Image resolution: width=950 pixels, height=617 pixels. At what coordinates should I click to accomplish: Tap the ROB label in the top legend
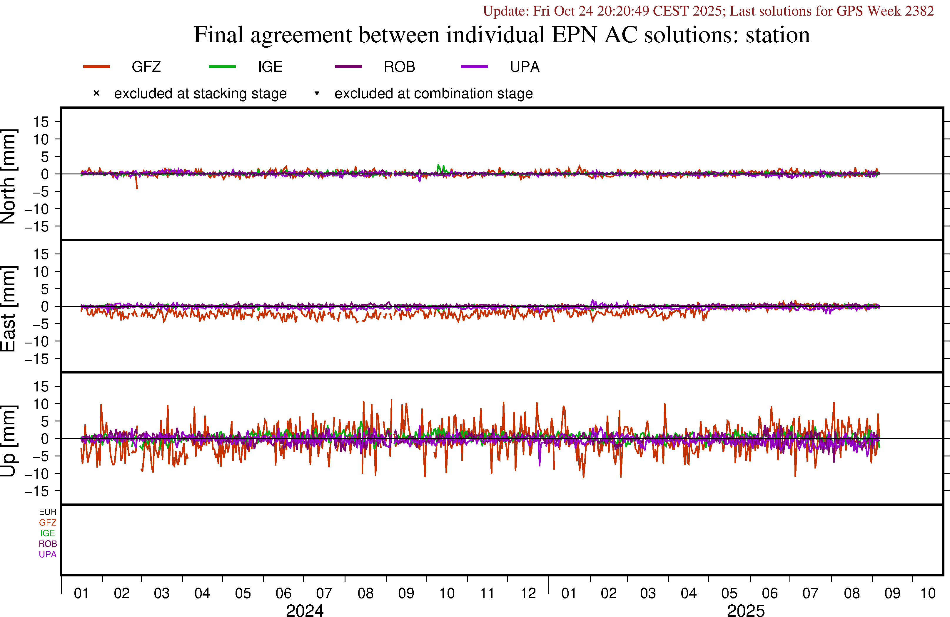pyautogui.click(x=399, y=67)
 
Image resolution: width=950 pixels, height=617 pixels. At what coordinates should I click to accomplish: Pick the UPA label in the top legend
pyautogui.click(x=525, y=67)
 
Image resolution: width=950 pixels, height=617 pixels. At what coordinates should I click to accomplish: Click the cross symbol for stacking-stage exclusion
pyautogui.click(x=96, y=94)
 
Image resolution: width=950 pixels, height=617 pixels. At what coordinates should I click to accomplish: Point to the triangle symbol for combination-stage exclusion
pyautogui.click(x=317, y=94)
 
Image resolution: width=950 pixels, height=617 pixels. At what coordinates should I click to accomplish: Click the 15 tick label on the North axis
pyautogui.click(x=41, y=122)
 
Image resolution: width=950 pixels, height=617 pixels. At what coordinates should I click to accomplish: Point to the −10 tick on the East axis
pyautogui.click(x=37, y=341)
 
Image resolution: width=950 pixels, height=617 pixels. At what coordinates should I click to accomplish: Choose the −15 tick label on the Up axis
pyautogui.click(x=37, y=491)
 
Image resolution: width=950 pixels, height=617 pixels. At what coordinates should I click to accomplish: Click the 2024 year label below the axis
pyautogui.click(x=305, y=610)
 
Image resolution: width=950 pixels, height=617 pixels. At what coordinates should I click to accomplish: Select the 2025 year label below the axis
pyautogui.click(x=746, y=610)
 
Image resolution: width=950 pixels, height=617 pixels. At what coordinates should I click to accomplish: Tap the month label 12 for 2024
pyautogui.click(x=528, y=593)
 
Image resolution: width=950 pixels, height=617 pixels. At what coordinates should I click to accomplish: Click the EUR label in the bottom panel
pyautogui.click(x=48, y=512)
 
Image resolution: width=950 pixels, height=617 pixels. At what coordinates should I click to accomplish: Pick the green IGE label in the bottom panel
pyautogui.click(x=48, y=533)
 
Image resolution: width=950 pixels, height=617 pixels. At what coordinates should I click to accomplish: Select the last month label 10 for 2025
pyautogui.click(x=928, y=593)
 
